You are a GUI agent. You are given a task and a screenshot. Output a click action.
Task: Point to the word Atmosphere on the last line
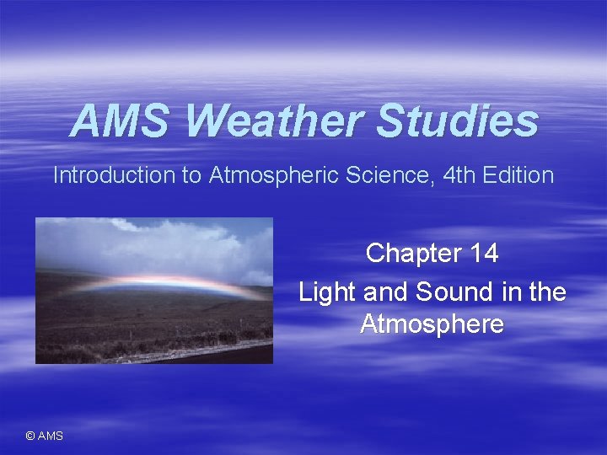432,324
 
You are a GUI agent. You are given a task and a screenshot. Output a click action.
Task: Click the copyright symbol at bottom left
30,436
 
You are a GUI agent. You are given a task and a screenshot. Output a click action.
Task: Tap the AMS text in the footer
51,436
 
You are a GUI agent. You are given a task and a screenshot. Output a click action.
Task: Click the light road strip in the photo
202,349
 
